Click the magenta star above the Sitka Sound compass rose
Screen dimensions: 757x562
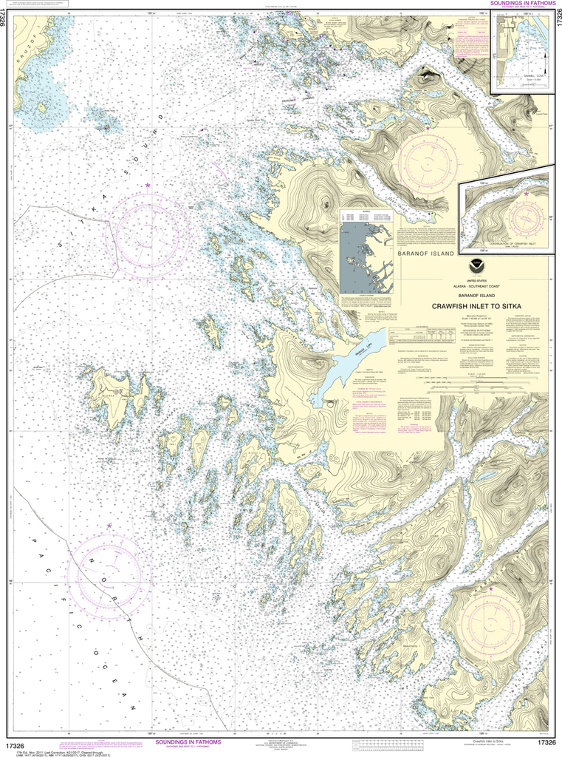click(x=148, y=184)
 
